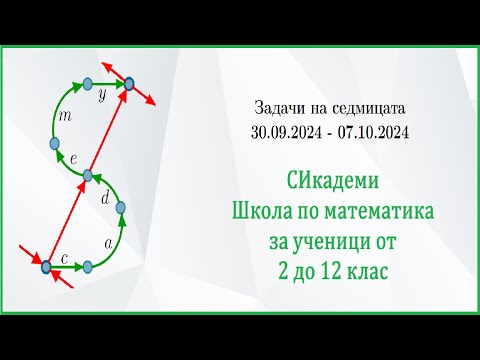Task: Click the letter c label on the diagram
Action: point(64,259)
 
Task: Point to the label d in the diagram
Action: point(106,197)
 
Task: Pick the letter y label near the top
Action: point(101,99)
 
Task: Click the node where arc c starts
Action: point(45,266)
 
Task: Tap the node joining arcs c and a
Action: point(88,266)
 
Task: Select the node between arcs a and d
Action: point(122,209)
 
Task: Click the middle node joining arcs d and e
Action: point(88,176)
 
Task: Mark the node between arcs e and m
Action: point(55,144)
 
